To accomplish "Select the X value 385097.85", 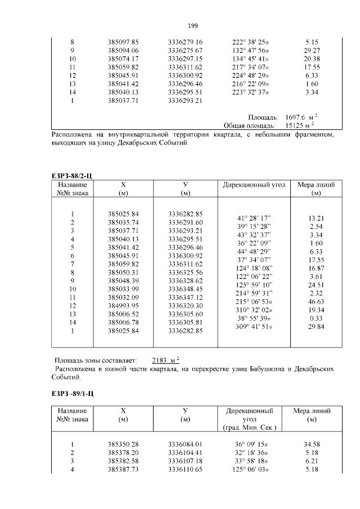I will coord(127,42).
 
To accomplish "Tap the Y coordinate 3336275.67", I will coord(185,51).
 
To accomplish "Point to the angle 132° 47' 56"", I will coord(250,51).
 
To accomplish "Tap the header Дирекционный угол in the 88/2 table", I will coord(254,184).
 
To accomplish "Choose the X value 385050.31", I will coord(127,272).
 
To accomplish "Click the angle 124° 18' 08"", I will coord(254,268).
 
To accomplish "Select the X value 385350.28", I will coord(127,444).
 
